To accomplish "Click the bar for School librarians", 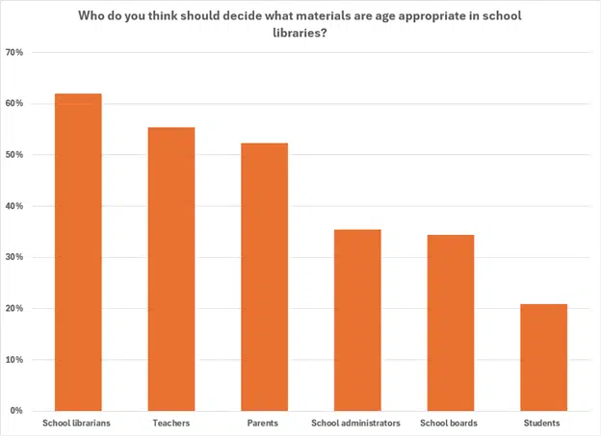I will (x=78, y=252).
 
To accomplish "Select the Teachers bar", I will (x=171, y=269).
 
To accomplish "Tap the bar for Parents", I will (x=264, y=277).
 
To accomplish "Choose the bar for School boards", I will (x=451, y=322).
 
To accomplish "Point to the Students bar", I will (x=543, y=358).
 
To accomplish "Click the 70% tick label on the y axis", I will (x=14, y=52).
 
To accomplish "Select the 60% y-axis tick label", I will (x=14, y=104).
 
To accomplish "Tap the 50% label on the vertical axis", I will (x=14, y=155).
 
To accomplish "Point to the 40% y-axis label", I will (x=14, y=206).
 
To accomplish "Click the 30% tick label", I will (x=14, y=258).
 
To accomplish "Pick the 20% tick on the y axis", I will (x=14, y=309).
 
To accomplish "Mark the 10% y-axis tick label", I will (x=14, y=360).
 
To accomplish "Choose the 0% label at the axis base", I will (x=17, y=411).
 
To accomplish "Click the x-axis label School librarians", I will (x=78, y=423).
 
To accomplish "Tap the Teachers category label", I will (x=171, y=423).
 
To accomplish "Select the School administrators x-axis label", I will (x=357, y=423).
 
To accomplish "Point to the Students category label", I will (x=543, y=423).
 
